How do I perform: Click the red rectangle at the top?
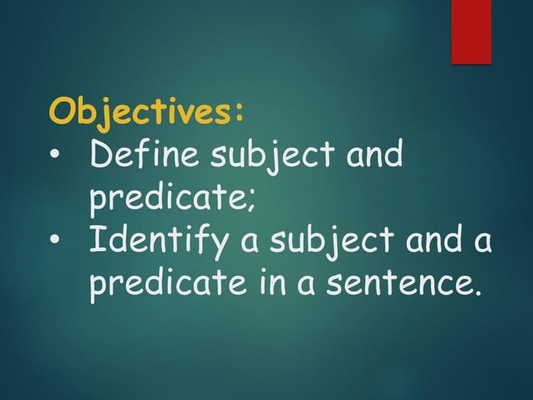coord(471,31)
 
